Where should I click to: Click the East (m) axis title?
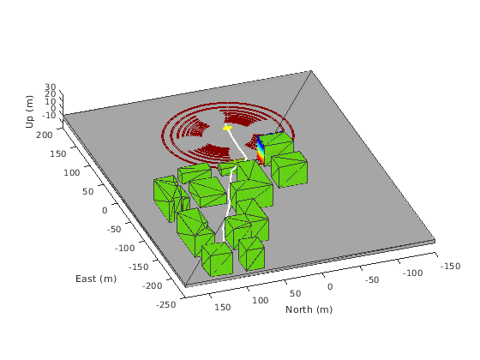[x=96, y=279]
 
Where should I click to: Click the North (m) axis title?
[x=309, y=309]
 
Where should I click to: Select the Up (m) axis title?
[x=30, y=111]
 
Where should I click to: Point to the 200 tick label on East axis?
[x=45, y=135]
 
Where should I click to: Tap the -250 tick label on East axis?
[x=166, y=304]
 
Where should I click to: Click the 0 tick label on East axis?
[x=105, y=211]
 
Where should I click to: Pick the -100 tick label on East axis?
[x=124, y=248]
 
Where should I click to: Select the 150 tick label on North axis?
[x=223, y=307]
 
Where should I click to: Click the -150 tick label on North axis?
[x=450, y=266]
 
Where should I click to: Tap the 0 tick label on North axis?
[x=330, y=287]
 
